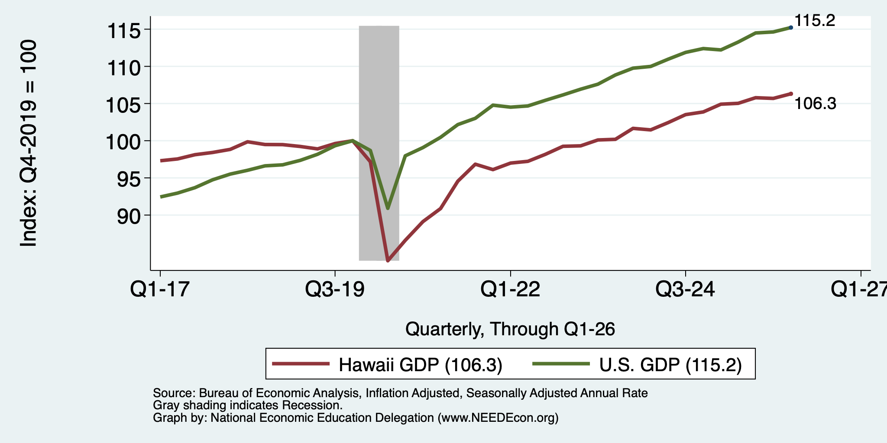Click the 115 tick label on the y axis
click(124, 31)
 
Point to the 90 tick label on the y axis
click(129, 216)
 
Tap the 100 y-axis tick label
click(124, 142)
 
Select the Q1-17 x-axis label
click(160, 289)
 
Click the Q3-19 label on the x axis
click(335, 289)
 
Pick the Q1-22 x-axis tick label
click(511, 289)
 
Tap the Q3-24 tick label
click(686, 289)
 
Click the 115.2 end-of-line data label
click(815, 20)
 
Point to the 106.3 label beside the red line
click(815, 104)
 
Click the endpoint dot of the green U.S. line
click(791, 27)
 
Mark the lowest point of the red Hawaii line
click(388, 261)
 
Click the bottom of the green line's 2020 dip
click(388, 209)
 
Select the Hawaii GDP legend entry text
click(421, 365)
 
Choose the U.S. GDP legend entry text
click(670, 365)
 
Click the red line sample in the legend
click(301, 364)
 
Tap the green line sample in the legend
click(561, 364)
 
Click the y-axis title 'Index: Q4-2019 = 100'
click(29, 143)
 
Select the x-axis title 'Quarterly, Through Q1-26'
click(510, 329)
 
